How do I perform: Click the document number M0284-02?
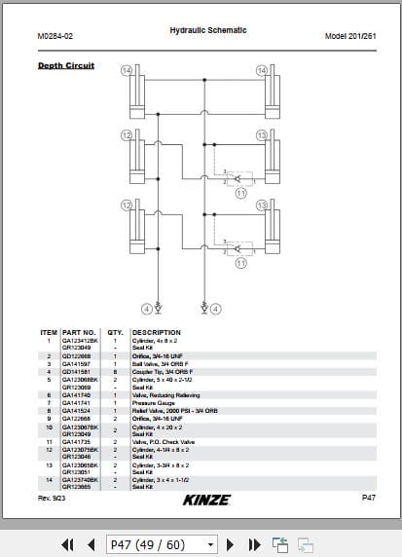click(x=55, y=36)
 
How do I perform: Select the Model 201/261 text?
click(x=349, y=36)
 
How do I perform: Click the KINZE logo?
click(x=205, y=499)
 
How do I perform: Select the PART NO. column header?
click(x=80, y=332)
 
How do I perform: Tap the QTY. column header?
click(x=115, y=332)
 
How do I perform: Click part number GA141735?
click(x=76, y=441)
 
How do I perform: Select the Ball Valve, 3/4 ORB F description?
click(x=160, y=363)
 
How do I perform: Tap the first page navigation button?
click(x=68, y=543)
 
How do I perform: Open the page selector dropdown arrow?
click(x=211, y=543)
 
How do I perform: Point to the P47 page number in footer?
click(x=368, y=498)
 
